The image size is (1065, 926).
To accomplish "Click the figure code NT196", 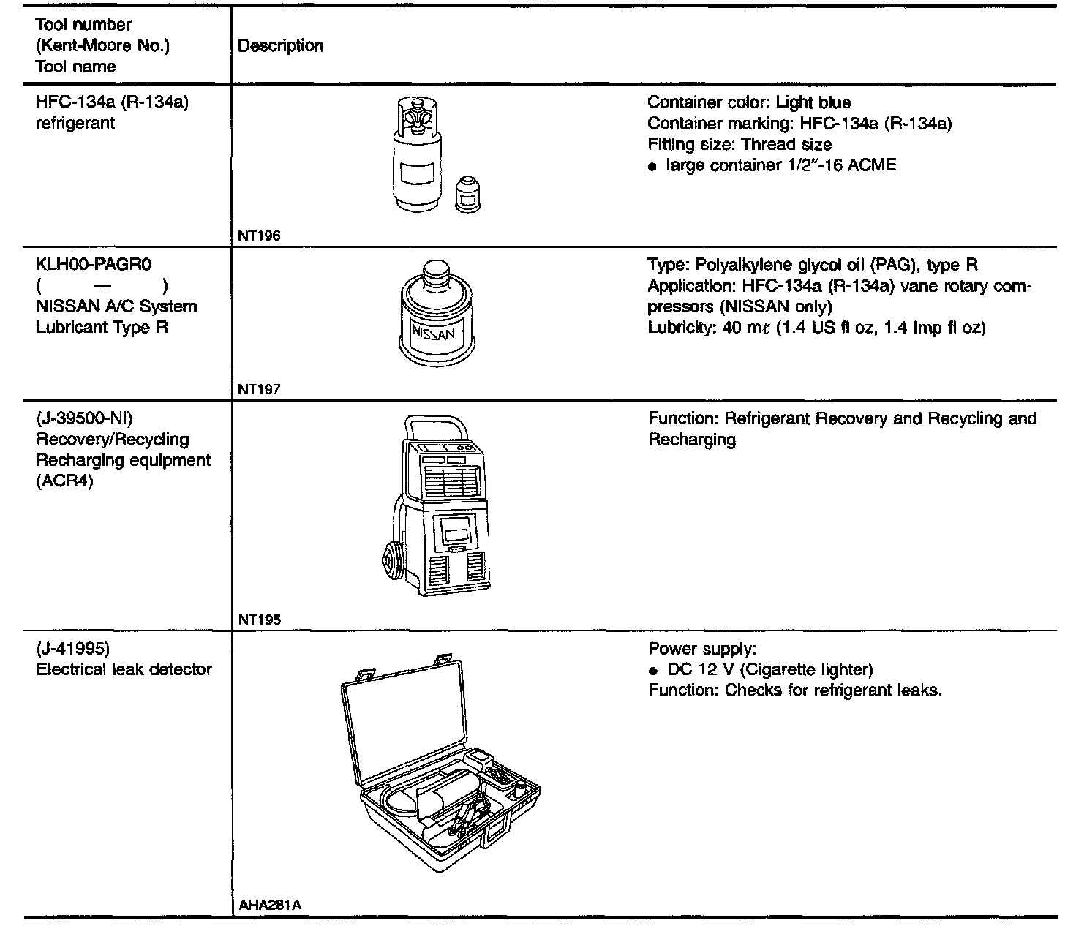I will coord(259,236).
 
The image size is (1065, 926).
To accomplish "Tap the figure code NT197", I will coord(259,390).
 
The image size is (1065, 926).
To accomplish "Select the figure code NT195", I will coord(259,620).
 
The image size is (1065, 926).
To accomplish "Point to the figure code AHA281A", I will coord(270,906).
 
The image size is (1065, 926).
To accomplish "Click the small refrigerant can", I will coord(468,194).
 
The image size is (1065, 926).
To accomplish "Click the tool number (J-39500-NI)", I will coord(84,418).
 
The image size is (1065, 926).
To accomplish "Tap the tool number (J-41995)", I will coord(73,648).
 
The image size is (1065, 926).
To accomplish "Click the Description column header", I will coord(281,45).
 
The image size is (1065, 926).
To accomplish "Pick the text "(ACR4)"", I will coord(64,481).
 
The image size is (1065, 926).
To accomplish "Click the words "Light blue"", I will coord(813,102).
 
